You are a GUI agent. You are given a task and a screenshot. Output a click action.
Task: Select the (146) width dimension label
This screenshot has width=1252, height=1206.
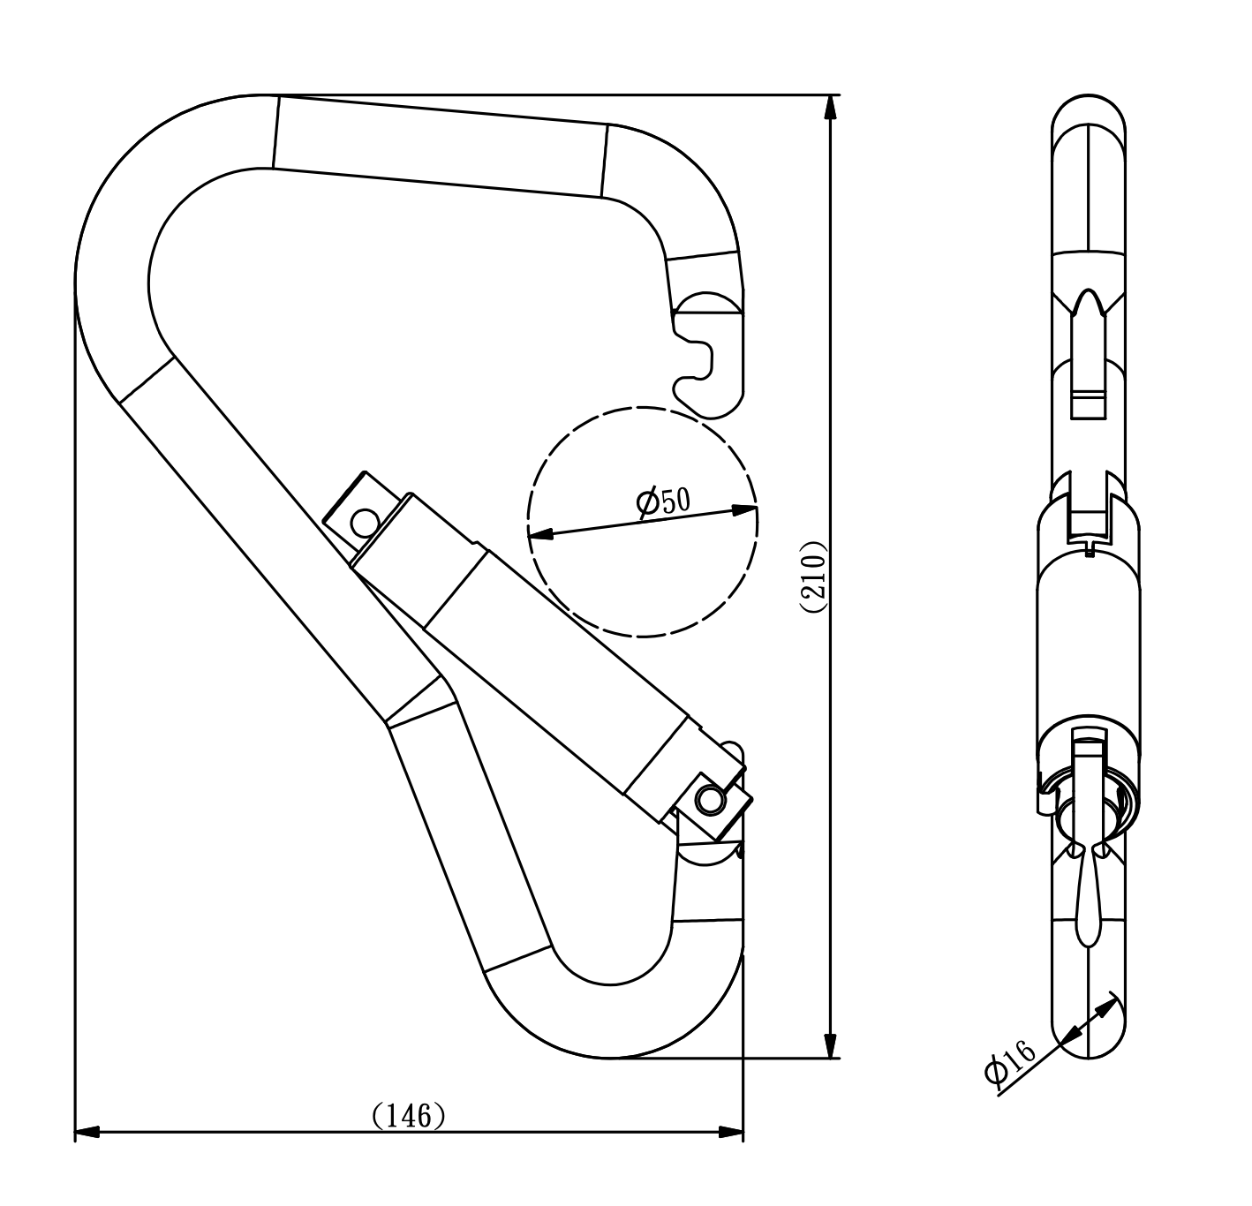408,1115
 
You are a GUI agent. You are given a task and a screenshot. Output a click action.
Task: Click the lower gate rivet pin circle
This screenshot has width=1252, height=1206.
707,800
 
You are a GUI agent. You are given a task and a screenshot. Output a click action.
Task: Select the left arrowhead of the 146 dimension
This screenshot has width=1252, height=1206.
87,1131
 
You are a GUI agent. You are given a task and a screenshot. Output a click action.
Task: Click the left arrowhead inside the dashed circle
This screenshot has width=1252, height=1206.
540,533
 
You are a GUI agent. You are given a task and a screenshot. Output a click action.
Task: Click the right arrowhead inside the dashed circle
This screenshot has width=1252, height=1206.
744,509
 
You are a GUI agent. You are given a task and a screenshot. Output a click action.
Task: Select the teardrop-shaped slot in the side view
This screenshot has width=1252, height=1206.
1088,901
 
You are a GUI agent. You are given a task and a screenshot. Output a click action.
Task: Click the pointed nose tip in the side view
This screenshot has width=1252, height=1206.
1088,305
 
